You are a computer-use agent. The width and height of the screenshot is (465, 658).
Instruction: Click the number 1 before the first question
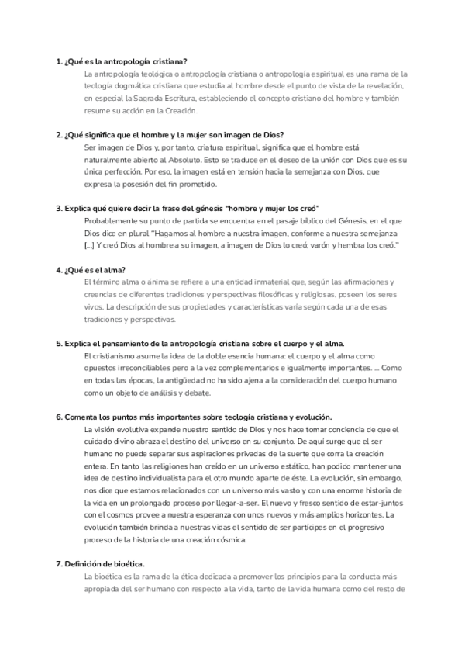58,61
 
